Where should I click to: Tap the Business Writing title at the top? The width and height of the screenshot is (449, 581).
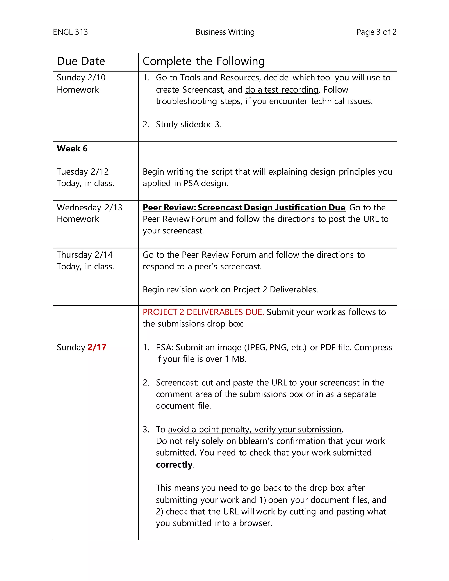[225, 32]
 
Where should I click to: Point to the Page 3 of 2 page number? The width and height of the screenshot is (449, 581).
[376, 32]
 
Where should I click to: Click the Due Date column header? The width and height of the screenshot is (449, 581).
[81, 61]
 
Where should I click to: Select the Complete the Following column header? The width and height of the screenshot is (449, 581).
[203, 61]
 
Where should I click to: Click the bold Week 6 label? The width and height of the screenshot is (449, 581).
[72, 148]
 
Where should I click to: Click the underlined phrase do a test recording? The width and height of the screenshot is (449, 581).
[282, 90]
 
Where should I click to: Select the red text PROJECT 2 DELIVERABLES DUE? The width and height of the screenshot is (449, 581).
[203, 312]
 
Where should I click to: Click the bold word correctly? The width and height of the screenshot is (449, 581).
[174, 465]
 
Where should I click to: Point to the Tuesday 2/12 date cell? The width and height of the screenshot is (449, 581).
[83, 172]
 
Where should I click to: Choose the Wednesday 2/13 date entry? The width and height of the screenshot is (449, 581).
[89, 207]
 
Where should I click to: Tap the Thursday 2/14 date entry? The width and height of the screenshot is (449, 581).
[85, 255]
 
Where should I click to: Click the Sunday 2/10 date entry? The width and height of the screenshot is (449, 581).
[81, 77]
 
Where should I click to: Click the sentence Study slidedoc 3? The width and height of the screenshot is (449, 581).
[188, 124]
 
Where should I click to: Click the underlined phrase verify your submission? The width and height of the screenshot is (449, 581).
[298, 429]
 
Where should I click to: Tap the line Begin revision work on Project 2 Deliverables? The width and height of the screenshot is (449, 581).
[230, 289]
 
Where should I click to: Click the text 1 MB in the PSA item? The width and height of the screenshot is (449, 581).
[235, 359]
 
